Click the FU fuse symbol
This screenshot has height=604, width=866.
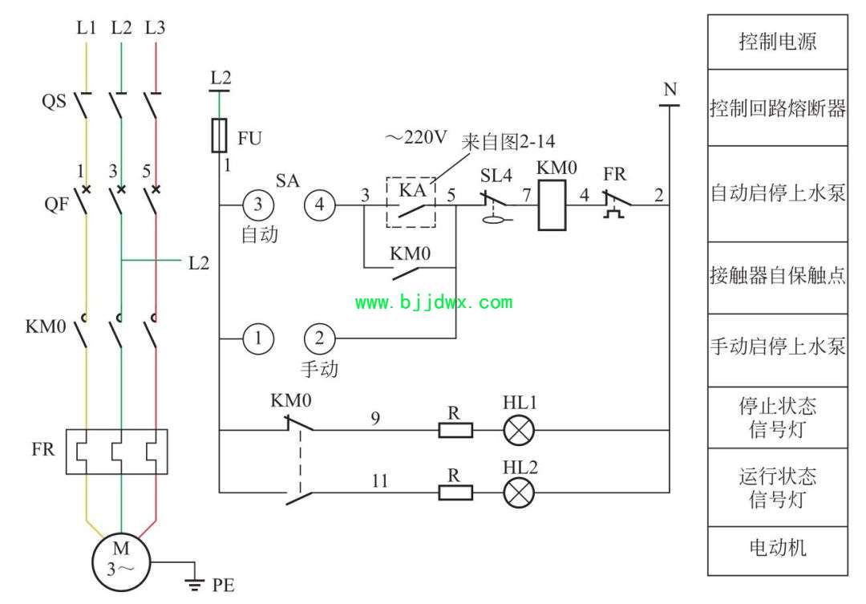pos(219,135)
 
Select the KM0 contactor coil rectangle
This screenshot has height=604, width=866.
pos(552,205)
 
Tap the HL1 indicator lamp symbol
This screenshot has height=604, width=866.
pos(519,429)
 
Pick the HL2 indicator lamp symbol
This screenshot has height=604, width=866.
pos(519,492)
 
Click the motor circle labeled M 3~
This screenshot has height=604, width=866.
pos(121,562)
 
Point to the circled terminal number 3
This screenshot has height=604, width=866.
pos(258,205)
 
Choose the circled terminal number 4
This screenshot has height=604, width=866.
pos(320,205)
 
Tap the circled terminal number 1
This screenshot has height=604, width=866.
pos(258,338)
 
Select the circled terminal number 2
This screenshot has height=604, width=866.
pos(320,338)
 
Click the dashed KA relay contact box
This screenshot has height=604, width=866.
pos(411,202)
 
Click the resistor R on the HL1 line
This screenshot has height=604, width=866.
pos(455,430)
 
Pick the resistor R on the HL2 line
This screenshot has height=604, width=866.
pos(455,493)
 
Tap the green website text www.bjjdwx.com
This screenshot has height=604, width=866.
pos(434,302)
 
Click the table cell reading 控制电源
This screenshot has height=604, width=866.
pos(778,42)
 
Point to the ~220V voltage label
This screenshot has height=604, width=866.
pos(416,137)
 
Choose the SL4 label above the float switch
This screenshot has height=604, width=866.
pos(496,176)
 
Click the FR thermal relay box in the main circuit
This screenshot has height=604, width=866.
pos(116,452)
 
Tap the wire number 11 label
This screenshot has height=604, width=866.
pos(379,480)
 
